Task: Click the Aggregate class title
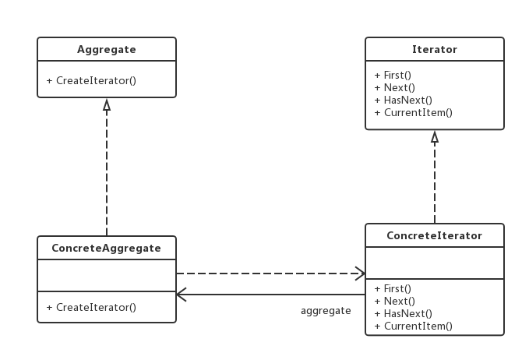(x=107, y=50)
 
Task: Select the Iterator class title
(x=435, y=50)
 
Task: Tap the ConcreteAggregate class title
(x=107, y=249)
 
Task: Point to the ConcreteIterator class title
(x=435, y=235)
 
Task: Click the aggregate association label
(x=326, y=311)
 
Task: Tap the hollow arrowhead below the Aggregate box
(x=107, y=104)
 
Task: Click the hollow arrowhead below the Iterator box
(x=435, y=136)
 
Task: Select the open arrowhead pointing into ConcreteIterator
(x=360, y=274)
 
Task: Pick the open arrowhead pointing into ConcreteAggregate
(x=182, y=295)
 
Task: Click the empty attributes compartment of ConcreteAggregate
(x=107, y=275)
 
